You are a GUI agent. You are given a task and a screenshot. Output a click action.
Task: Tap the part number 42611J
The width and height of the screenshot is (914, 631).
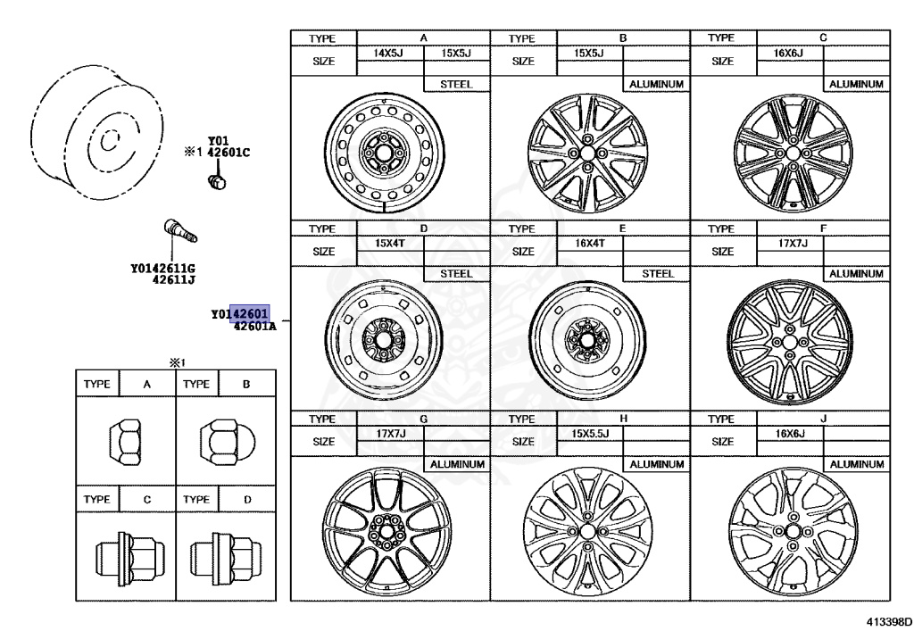coord(174,279)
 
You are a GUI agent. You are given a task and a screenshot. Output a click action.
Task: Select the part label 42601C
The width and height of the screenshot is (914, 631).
coord(228,152)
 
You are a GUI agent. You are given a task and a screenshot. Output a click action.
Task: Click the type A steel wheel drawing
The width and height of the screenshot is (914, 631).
coord(384,153)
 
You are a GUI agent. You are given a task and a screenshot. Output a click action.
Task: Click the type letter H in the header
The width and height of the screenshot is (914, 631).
coord(622,418)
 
